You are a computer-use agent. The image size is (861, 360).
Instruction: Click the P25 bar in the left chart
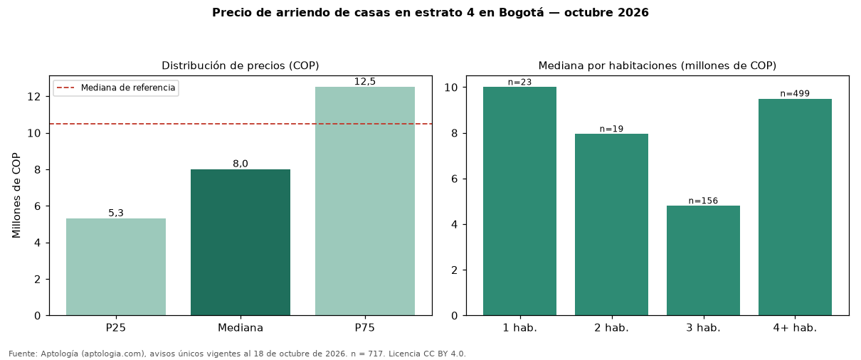coord(116,267)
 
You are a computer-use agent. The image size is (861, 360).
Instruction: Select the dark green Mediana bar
coord(241,243)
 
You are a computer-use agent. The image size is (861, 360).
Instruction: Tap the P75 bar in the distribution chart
coord(365,201)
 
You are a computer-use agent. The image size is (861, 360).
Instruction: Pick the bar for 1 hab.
coord(519,201)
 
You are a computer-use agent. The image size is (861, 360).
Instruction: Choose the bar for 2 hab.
coord(611,225)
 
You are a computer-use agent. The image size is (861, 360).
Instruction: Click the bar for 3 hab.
coord(703,260)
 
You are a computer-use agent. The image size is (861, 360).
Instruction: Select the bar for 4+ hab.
coord(795,208)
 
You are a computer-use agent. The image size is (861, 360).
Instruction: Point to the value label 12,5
coord(365,81)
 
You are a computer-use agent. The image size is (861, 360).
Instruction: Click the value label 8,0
coord(241,164)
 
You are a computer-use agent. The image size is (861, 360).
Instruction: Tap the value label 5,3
coord(116,213)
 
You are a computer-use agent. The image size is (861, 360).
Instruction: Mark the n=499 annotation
coord(795,93)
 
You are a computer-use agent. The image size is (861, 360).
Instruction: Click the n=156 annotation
coord(703,201)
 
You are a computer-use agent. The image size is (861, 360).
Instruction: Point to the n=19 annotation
coord(611,129)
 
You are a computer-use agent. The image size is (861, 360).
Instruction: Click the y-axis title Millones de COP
coord(16,196)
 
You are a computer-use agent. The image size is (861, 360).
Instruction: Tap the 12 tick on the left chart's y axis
coord(34,97)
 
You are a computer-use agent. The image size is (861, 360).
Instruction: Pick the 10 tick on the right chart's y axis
coord(451,88)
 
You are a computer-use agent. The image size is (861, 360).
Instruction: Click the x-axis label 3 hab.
coord(703,328)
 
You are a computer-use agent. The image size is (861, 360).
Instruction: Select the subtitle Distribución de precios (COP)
coord(241,65)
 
